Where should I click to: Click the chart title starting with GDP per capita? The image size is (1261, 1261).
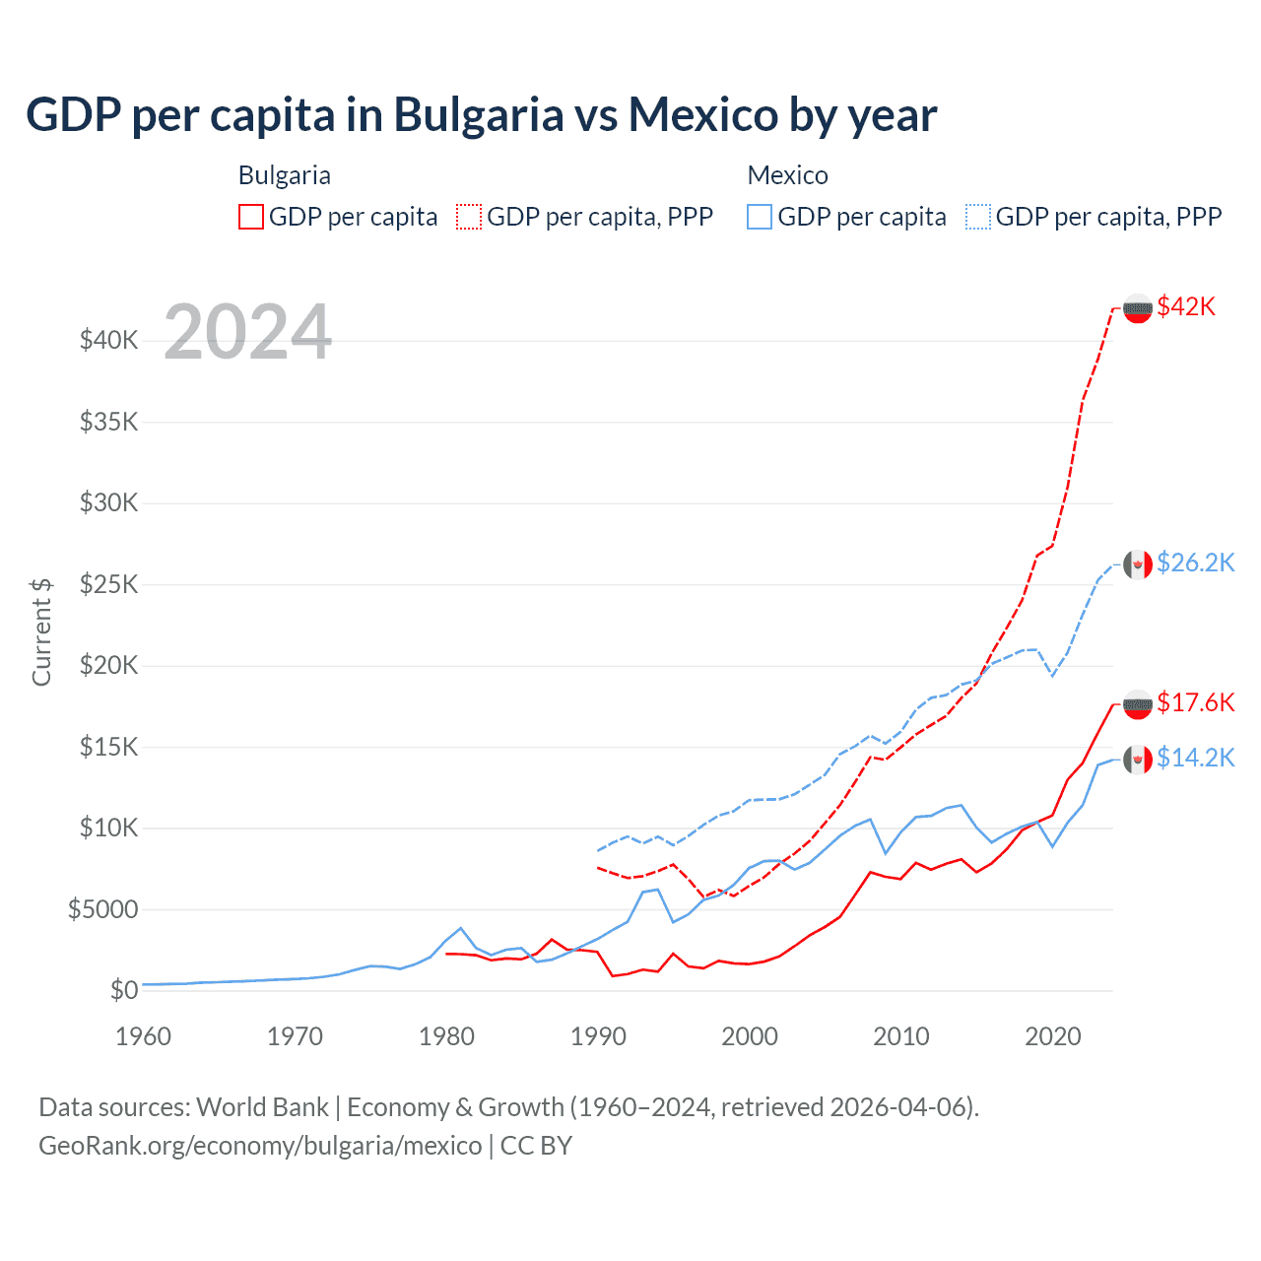point(481,115)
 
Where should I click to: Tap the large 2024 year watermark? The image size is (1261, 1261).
point(248,332)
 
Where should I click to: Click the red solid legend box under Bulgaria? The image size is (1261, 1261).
point(251,217)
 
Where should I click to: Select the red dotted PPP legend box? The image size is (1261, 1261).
point(470,217)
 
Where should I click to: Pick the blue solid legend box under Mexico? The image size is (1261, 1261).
point(760,217)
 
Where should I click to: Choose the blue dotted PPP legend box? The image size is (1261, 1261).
point(978,217)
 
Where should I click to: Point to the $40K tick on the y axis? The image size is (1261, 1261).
point(109,341)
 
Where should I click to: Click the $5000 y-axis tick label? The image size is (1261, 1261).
point(103,909)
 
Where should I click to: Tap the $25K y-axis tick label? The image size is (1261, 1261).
point(109,584)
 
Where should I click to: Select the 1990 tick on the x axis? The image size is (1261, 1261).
point(598,1036)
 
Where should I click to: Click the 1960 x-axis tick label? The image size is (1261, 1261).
point(143,1036)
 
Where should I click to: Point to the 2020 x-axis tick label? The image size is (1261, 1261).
point(1053,1036)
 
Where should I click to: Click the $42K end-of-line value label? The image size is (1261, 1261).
point(1186,307)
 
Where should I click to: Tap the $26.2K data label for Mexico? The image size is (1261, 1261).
point(1195,563)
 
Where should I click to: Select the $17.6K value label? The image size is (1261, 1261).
point(1195,702)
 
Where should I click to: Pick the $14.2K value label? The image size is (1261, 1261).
point(1195,758)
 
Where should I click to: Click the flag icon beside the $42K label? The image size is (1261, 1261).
point(1138,308)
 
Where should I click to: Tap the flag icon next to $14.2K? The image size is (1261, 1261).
point(1138,759)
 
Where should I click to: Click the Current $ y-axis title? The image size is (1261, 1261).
point(41,631)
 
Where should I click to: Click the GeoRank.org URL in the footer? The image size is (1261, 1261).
point(260,1146)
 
